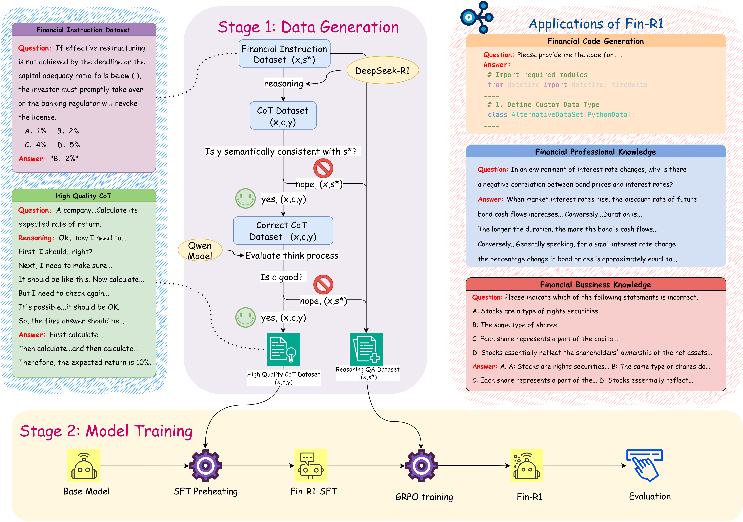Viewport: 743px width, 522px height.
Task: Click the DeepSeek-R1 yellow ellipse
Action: pos(382,70)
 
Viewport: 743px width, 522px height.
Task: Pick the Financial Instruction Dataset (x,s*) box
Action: pos(284,54)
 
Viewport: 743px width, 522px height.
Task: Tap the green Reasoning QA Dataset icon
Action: pos(366,350)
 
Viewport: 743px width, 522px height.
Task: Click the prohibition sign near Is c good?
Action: pos(323,285)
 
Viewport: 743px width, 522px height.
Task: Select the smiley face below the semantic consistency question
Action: pos(245,198)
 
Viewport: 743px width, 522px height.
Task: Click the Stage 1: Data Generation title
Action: pos(308,27)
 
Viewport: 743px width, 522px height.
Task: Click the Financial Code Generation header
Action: pos(595,41)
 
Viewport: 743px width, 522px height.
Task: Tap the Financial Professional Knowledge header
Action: pos(595,152)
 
